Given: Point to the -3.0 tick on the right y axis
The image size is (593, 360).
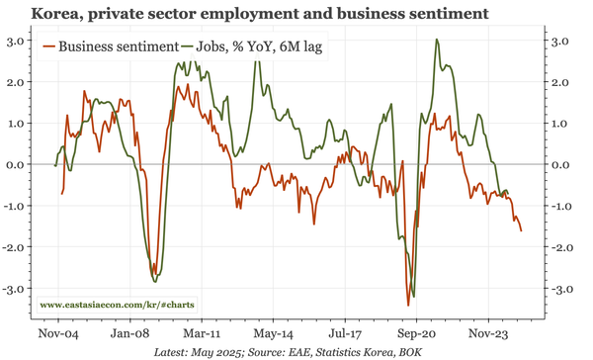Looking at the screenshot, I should coord(558,290).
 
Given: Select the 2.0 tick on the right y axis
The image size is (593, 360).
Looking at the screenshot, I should coord(558,82).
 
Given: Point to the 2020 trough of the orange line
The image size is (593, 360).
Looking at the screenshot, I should coord(407,305).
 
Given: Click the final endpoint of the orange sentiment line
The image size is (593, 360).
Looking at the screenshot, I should coord(523,230).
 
